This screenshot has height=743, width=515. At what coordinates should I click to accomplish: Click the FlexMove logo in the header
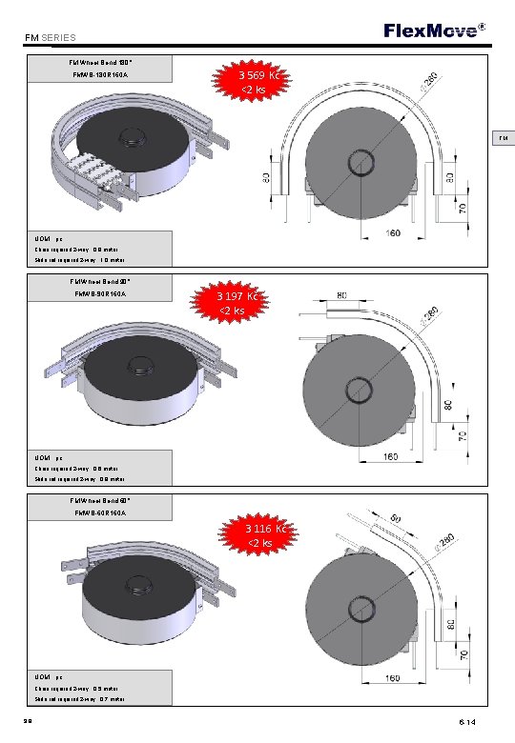click(432, 30)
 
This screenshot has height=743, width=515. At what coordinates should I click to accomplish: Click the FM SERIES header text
click(51, 38)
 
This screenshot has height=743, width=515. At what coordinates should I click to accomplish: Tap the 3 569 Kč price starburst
click(259, 82)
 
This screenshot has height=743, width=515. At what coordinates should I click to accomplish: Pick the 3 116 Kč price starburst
click(259, 535)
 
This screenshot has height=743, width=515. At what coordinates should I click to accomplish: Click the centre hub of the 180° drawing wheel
click(363, 159)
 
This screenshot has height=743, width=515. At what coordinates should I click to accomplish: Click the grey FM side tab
click(502, 139)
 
